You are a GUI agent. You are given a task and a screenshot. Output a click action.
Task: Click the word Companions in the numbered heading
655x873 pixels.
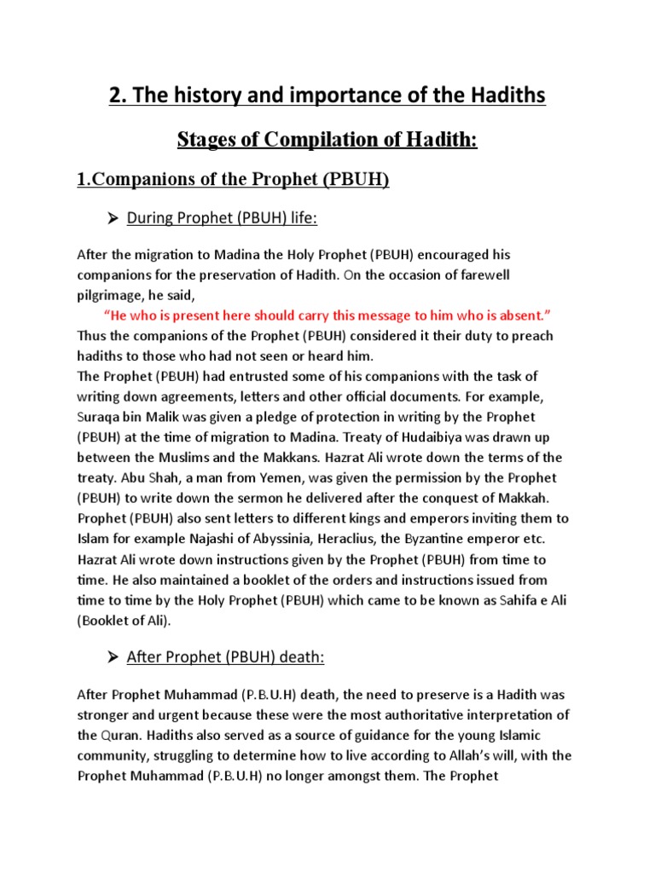pyautogui.click(x=138, y=180)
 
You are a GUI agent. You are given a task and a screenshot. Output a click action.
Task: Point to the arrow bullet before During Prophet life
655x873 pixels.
pyautogui.click(x=111, y=219)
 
